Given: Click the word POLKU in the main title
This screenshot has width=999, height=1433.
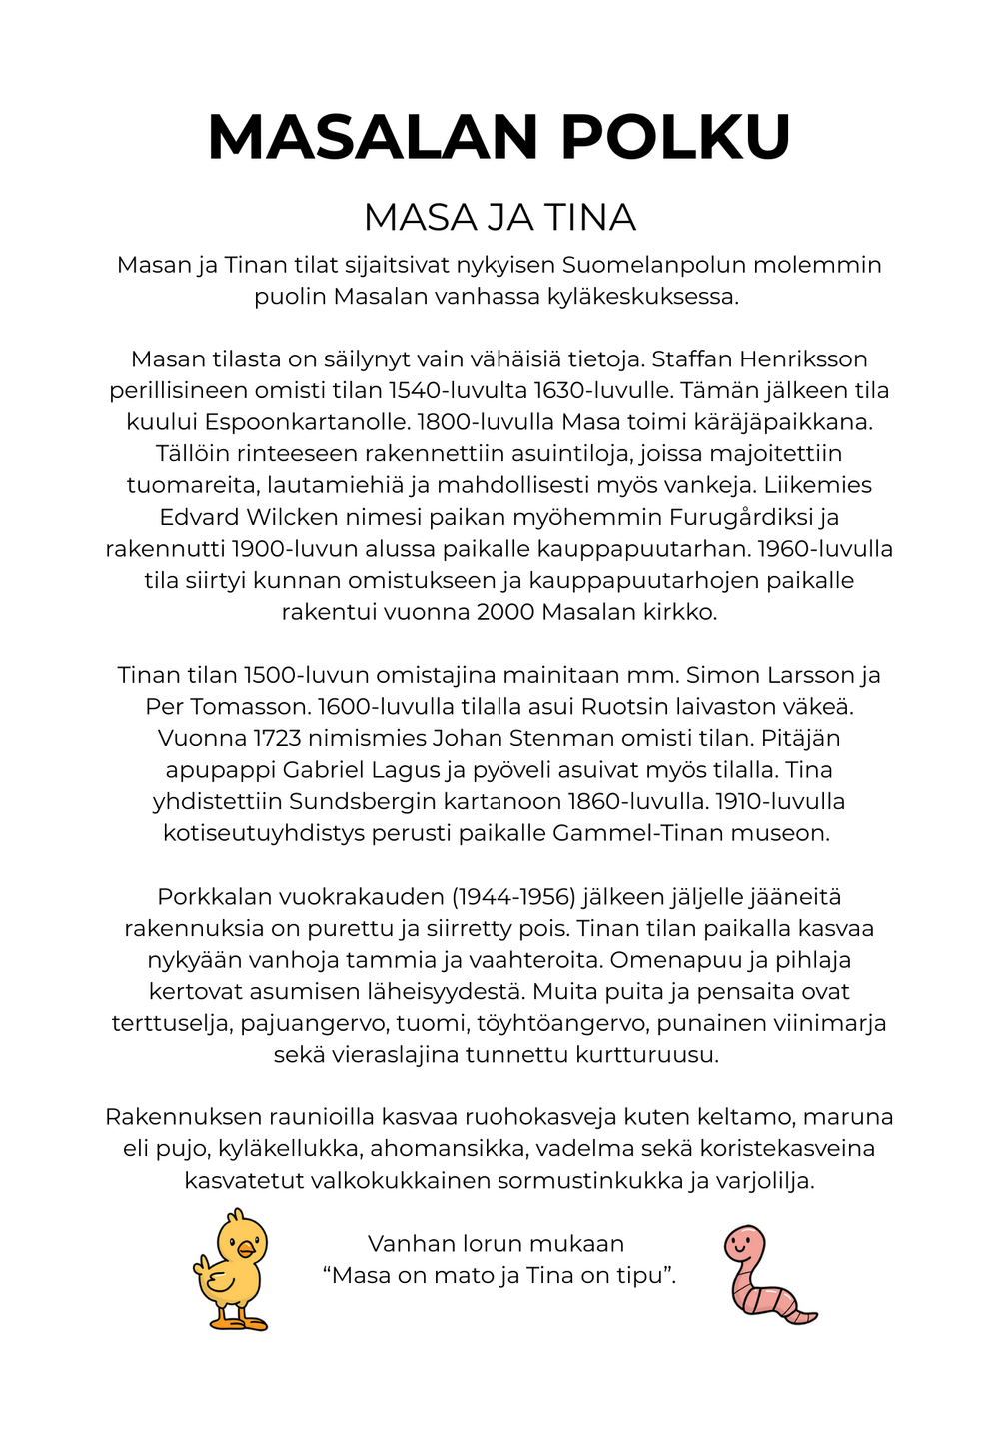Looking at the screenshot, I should pos(676,138).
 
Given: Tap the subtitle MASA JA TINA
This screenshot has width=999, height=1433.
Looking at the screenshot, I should pos(499,218).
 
